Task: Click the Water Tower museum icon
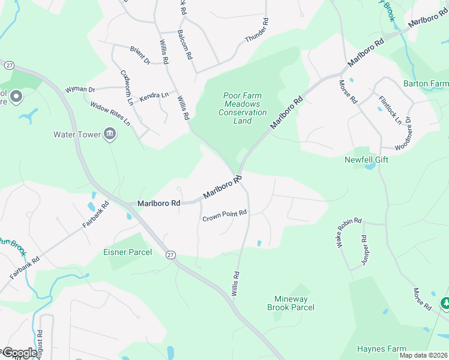click(x=110, y=134)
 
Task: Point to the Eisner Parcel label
click(x=128, y=252)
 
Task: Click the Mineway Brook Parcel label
click(x=291, y=303)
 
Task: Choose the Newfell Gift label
click(x=366, y=160)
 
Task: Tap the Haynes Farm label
click(x=382, y=349)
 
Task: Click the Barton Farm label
click(x=426, y=83)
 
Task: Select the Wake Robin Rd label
click(x=349, y=232)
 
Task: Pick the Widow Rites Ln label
click(x=110, y=113)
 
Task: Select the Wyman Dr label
click(x=80, y=89)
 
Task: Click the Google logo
click(x=20, y=353)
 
